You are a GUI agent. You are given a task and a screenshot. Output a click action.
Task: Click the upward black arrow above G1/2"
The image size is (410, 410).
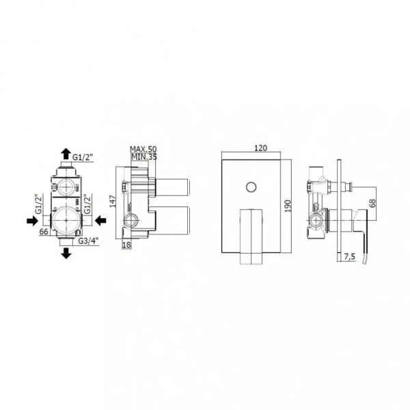coord(66,154)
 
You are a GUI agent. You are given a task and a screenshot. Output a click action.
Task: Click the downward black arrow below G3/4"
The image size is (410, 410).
coord(66,253)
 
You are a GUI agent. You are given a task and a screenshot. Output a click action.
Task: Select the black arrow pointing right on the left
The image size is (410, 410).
coord(32,221)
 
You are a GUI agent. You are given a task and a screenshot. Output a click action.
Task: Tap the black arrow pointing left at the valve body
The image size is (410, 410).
coord(100,221)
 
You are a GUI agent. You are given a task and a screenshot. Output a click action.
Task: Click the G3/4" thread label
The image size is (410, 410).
coord(88,241)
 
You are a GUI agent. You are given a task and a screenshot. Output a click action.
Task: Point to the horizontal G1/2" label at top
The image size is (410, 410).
coord(83,157)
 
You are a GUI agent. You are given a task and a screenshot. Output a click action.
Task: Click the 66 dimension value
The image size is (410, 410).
coord(44,232)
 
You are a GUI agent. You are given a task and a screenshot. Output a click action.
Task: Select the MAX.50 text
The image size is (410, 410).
coord(143,149)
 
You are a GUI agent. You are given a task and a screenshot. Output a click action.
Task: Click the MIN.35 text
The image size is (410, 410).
coord(144,157)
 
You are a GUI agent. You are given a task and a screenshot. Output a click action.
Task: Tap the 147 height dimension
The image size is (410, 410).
coord(113,202)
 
